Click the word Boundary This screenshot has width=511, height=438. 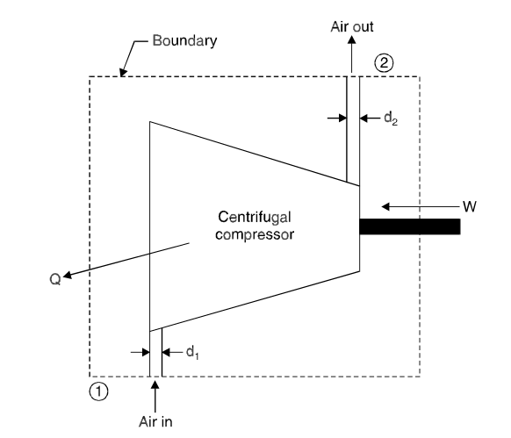pyautogui.click(x=184, y=41)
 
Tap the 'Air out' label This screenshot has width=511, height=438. pyautogui.click(x=351, y=26)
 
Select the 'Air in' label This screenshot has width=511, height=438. pyautogui.click(x=155, y=421)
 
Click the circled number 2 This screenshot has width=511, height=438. pyautogui.click(x=384, y=62)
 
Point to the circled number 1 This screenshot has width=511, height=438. pyautogui.click(x=98, y=391)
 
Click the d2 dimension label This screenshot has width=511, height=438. pyautogui.click(x=391, y=118)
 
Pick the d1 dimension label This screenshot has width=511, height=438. pyautogui.click(x=192, y=352)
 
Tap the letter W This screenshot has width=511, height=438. pyautogui.click(x=469, y=206)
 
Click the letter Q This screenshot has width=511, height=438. pyautogui.click(x=55, y=279)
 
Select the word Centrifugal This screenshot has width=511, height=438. pyautogui.click(x=255, y=218)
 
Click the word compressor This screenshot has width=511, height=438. pyautogui.click(x=255, y=234)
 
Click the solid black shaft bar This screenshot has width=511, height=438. pyautogui.click(x=410, y=226)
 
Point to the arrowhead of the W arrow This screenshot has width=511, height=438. pyautogui.click(x=385, y=206)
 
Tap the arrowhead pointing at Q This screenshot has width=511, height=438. pyautogui.click(x=67, y=276)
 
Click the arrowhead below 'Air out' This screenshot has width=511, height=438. pyautogui.click(x=351, y=39)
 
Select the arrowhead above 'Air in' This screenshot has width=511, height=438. pyautogui.click(x=155, y=384)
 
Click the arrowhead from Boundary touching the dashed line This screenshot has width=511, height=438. pyautogui.click(x=123, y=73)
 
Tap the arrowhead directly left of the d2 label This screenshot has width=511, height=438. pyautogui.click(x=364, y=118)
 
